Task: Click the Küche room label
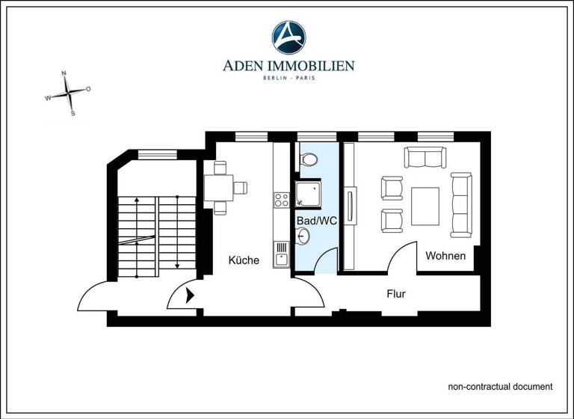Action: (244, 260)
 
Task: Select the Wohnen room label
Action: (445, 256)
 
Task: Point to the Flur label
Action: (396, 294)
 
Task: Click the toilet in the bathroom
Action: (308, 158)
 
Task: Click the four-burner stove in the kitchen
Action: (282, 200)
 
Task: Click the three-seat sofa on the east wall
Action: (461, 204)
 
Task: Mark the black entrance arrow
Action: (190, 296)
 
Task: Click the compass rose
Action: (68, 93)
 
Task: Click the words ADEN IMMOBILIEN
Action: (288, 66)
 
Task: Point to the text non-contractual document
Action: (500, 387)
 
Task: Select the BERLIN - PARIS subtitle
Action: (288, 79)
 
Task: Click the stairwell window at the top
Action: (157, 154)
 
